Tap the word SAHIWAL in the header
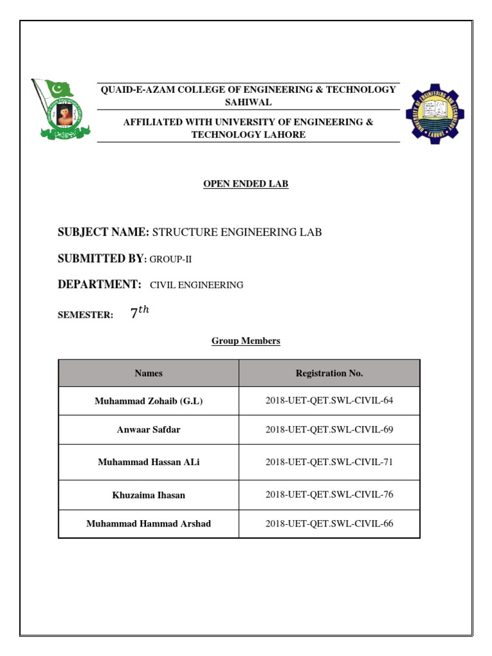(247, 102)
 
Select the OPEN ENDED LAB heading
(246, 184)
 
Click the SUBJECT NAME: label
(103, 232)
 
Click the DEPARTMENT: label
(99, 284)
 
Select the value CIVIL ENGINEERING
(197, 285)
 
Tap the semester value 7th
(139, 313)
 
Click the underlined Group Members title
(246, 341)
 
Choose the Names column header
(148, 373)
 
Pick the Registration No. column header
(329, 373)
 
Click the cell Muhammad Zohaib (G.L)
(148, 401)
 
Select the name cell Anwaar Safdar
(148, 429)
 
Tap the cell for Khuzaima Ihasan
(148, 495)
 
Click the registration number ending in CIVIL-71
(329, 462)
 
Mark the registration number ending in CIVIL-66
(329, 523)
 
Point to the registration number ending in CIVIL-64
(329, 401)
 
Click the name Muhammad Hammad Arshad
(148, 523)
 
